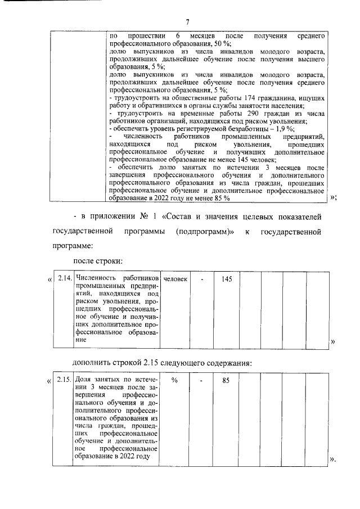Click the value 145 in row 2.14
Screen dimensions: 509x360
coord(227,278)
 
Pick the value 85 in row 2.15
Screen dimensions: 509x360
coord(226,380)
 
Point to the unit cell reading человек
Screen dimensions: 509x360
coord(175,278)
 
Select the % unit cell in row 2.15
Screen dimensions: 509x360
coord(175,380)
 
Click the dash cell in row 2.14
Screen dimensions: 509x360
coord(202,278)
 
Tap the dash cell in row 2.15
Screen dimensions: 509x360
coord(202,380)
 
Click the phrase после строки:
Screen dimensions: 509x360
coord(97,260)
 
